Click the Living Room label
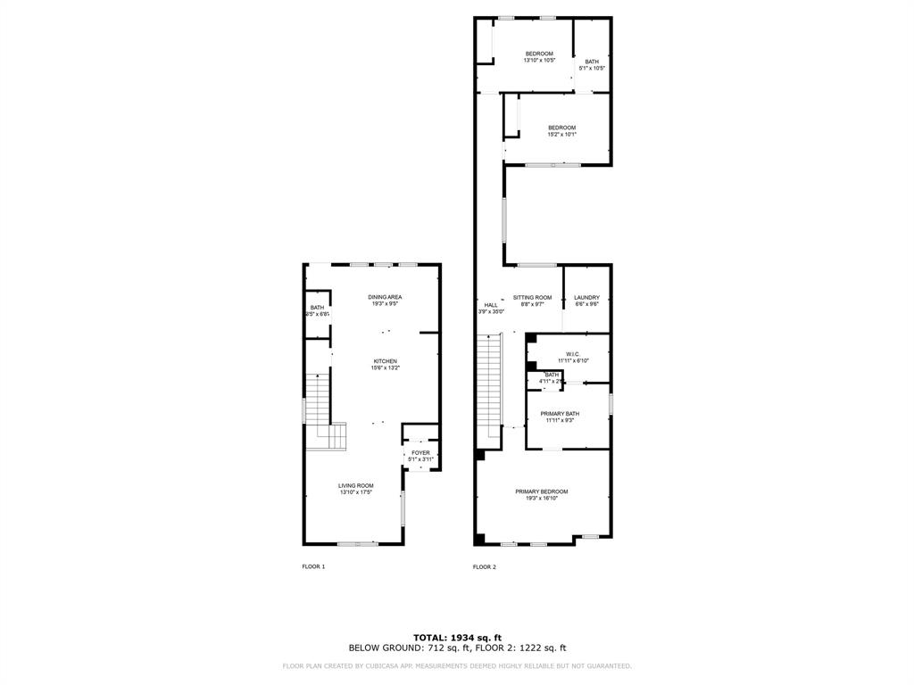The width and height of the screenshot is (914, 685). coord(355,486)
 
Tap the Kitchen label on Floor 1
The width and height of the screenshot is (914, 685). coord(386,361)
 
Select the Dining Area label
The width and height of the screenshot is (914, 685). coord(386,297)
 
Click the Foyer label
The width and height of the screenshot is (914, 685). coord(420,453)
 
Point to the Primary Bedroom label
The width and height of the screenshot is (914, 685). coord(541,491)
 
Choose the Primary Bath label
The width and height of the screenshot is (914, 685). coord(560,414)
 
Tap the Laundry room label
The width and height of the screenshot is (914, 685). coord(586,298)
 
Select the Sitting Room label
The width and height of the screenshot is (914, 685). coord(532,297)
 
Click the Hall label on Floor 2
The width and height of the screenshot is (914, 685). coord(491,305)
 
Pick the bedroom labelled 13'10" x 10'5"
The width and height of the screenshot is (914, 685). coord(539,54)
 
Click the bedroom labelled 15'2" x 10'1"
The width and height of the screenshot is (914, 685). coord(561,128)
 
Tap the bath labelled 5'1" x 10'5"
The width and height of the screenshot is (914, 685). coord(592,62)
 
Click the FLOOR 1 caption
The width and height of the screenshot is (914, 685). coord(313,567)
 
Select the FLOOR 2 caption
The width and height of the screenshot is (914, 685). coord(484,567)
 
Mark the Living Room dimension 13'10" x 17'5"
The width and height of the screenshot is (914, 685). coord(355,492)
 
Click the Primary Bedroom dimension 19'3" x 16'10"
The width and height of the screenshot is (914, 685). coord(541,499)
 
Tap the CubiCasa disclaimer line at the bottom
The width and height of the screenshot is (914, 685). coord(457,665)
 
